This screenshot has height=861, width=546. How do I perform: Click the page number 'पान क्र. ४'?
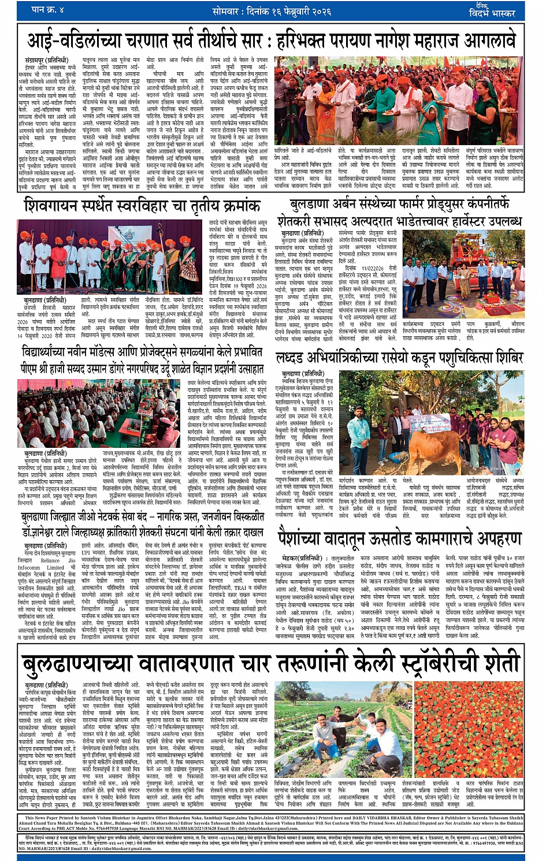(48, 10)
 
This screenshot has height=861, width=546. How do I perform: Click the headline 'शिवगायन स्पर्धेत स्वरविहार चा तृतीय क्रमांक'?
(142, 205)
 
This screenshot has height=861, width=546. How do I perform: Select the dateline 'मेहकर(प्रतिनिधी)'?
(301, 558)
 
